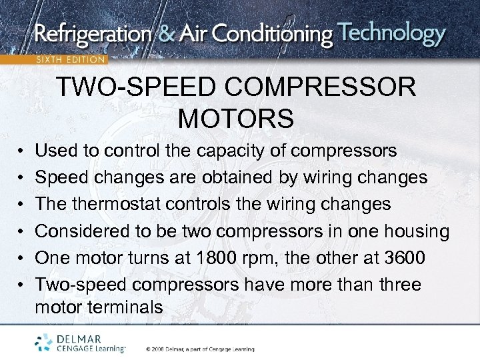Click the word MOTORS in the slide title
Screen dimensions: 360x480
(x=236, y=119)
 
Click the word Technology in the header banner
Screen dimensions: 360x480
(x=391, y=34)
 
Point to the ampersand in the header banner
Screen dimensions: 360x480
(x=173, y=35)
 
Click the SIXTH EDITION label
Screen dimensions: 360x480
(x=71, y=59)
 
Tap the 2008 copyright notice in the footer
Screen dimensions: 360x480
(x=200, y=349)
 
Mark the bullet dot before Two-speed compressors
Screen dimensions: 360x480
(x=21, y=285)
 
